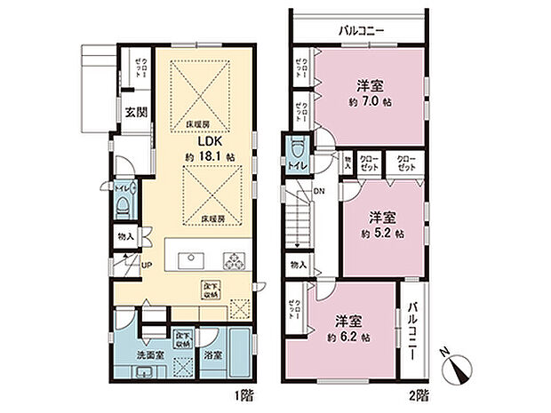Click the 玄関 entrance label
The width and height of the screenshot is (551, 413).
[136, 113]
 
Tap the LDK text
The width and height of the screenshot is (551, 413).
[210, 140]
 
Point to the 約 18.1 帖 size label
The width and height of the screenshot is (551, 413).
[210, 157]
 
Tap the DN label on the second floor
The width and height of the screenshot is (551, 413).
[317, 192]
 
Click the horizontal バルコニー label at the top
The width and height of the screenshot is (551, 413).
[361, 30]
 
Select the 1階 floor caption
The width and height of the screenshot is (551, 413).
[241, 393]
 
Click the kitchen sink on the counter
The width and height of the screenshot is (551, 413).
[192, 260]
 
